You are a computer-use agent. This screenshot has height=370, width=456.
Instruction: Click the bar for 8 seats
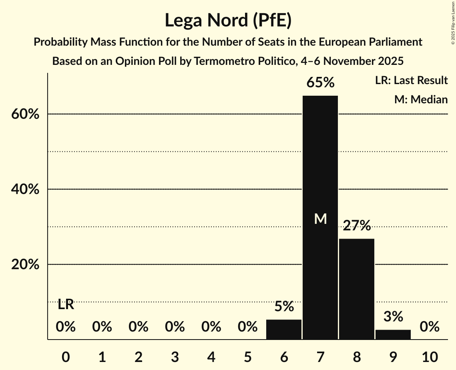(357, 289)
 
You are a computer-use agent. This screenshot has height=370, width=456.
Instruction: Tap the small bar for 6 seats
(284, 330)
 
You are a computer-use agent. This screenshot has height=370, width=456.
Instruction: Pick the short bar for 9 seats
(393, 334)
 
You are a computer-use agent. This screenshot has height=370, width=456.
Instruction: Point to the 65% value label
(320, 83)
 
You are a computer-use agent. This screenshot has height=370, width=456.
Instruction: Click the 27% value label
(357, 226)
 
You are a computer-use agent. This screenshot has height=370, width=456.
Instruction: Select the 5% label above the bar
(284, 307)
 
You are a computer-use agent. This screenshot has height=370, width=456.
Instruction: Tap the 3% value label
(393, 317)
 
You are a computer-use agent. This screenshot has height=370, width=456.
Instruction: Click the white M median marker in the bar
(320, 219)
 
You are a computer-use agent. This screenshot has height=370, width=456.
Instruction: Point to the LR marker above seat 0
(66, 305)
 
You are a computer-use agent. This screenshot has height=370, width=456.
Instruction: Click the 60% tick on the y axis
(25, 114)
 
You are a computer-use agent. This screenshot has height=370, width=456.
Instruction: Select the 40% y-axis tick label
(25, 189)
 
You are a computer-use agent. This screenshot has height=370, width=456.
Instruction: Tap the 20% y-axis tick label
(25, 265)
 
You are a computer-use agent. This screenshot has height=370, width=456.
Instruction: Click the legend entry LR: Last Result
(411, 80)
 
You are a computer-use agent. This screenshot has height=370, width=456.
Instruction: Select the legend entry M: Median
(421, 99)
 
